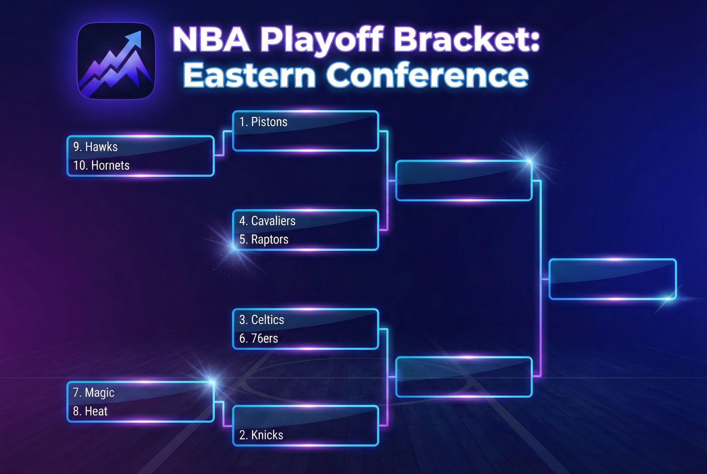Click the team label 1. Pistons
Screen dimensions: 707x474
pyautogui.click(x=263, y=122)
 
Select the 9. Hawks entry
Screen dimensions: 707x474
pyautogui.click(x=95, y=147)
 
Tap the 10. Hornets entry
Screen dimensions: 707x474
pyautogui.click(x=101, y=165)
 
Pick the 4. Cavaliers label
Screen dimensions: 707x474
pyautogui.click(x=267, y=221)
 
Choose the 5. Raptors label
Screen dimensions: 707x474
pyautogui.click(x=264, y=240)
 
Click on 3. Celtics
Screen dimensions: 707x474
pyautogui.click(x=262, y=319)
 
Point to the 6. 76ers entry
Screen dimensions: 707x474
pyautogui.click(x=259, y=338)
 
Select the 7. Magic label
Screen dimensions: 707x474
pyautogui.click(x=94, y=392)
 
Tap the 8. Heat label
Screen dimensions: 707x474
pyautogui.click(x=90, y=411)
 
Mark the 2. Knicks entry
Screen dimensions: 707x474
pyautogui.click(x=261, y=435)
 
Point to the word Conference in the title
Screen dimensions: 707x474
pyautogui.click(x=427, y=75)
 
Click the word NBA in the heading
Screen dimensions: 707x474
pyautogui.click(x=212, y=39)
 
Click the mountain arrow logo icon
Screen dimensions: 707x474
pyautogui.click(x=116, y=61)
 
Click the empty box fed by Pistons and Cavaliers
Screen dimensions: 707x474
pyautogui.click(x=464, y=181)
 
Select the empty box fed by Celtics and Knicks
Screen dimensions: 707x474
pyautogui.click(x=464, y=377)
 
